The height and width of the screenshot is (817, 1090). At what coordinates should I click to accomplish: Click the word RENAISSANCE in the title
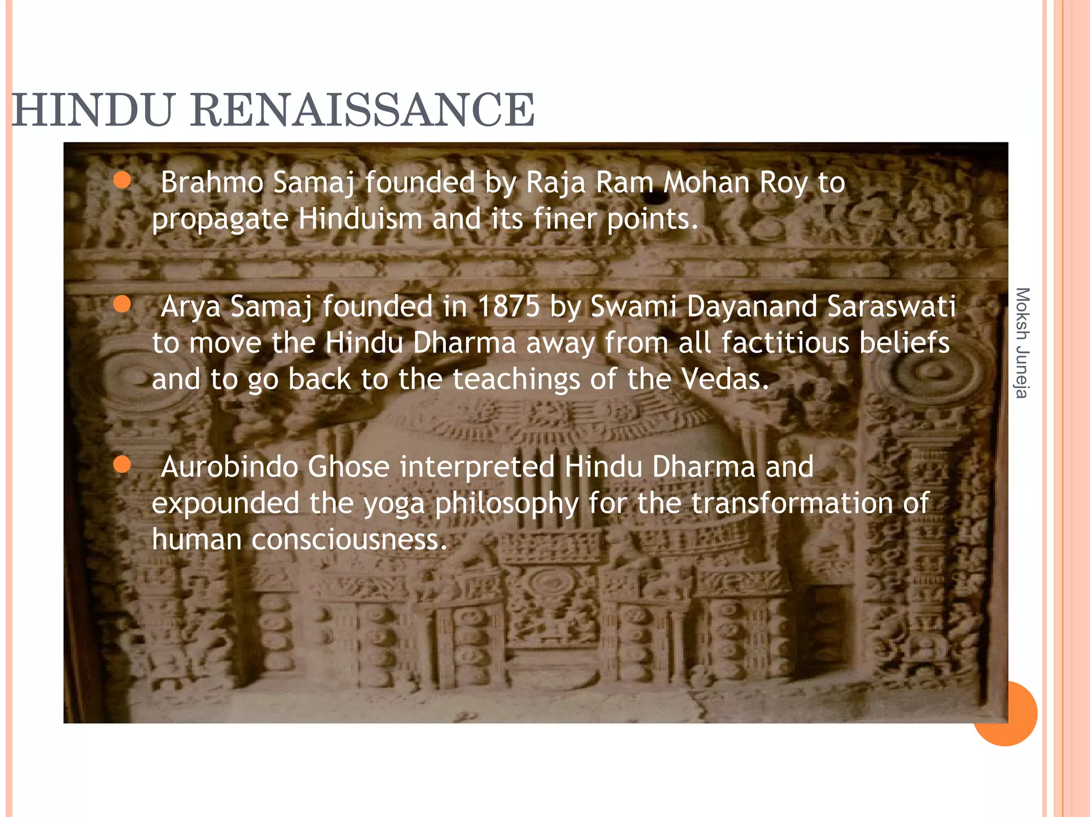pyautogui.click(x=362, y=110)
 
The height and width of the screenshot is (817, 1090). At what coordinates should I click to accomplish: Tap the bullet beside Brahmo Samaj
pyautogui.click(x=122, y=180)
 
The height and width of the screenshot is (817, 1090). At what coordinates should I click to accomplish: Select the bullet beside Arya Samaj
pyautogui.click(x=122, y=305)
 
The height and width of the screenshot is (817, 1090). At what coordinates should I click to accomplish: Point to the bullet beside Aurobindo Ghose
pyautogui.click(x=122, y=465)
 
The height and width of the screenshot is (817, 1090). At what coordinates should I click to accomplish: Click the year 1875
pyautogui.click(x=508, y=307)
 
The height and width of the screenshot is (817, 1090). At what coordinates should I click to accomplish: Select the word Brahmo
pyautogui.click(x=212, y=182)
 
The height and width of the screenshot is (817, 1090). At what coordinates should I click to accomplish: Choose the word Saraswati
pyautogui.click(x=891, y=307)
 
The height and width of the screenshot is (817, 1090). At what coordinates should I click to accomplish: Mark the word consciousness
pyautogui.click(x=349, y=539)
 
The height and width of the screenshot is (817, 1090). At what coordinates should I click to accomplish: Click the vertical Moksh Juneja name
pyautogui.click(x=1022, y=343)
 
